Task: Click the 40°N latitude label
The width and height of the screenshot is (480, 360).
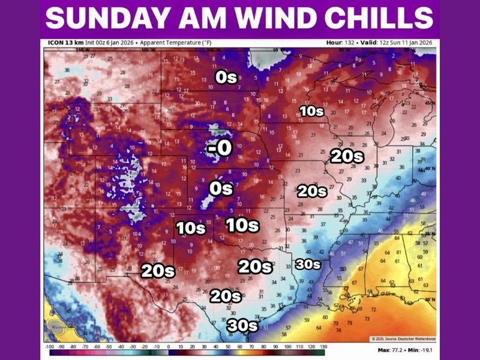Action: (430, 168)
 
